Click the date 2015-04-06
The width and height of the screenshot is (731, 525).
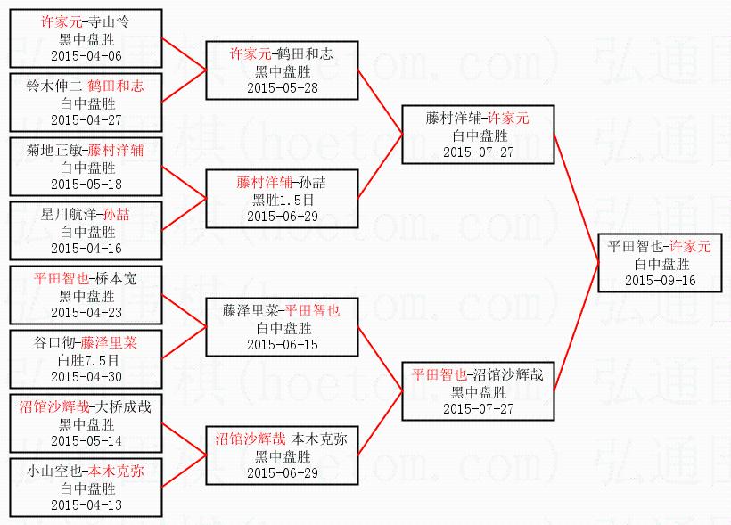coord(86,55)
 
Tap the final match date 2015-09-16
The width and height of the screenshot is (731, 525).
coord(661,280)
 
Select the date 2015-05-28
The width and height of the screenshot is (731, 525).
coord(283,87)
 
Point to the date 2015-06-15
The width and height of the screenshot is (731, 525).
coord(283,344)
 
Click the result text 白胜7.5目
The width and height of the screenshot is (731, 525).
coord(86,359)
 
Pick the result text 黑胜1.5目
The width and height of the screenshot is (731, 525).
coord(283,199)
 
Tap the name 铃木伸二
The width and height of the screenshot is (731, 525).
coord(54,86)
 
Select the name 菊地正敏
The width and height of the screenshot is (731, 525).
coord(54,150)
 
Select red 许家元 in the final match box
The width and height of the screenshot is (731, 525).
coord(690,246)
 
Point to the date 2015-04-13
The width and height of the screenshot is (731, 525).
coord(86,504)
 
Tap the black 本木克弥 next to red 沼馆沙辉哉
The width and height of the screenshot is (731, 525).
coord(321,439)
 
